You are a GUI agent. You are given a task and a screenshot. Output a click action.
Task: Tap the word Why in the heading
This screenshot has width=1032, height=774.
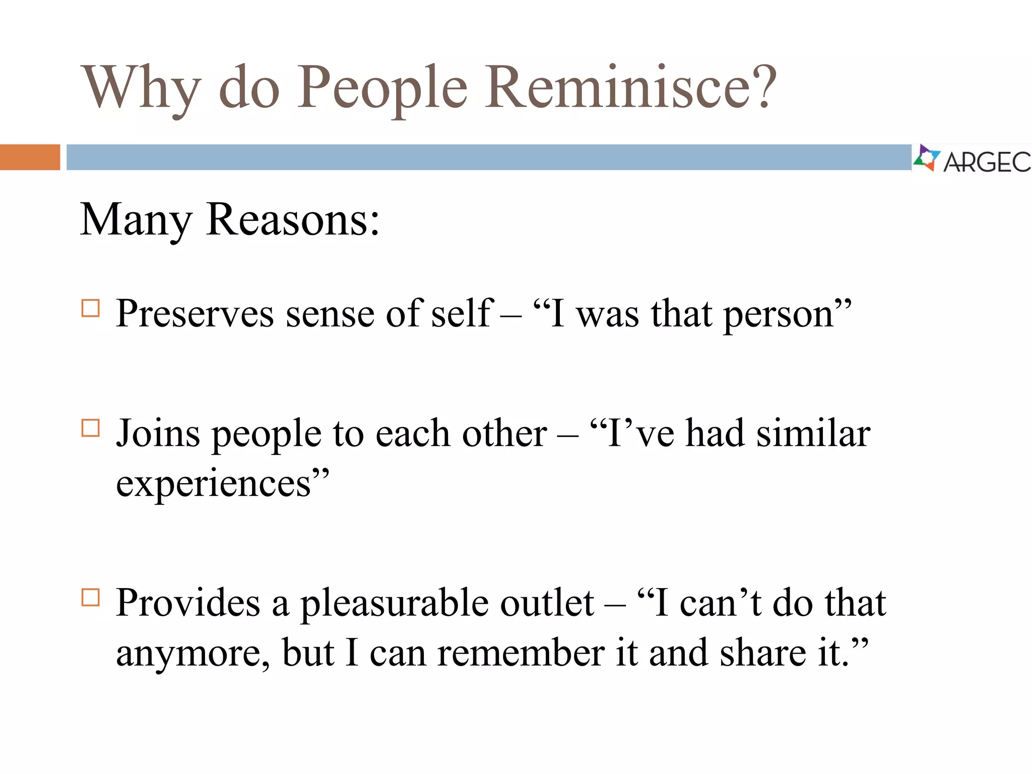coord(141,88)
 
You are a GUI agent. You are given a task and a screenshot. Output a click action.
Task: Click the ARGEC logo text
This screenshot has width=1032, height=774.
coord(987,162)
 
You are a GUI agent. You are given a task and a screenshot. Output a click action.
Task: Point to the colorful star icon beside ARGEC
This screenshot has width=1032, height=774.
coord(926,158)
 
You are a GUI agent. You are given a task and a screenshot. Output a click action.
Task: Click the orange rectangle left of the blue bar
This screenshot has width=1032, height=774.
coord(30,157)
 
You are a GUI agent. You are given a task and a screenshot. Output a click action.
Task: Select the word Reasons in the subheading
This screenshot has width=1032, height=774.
coord(292,220)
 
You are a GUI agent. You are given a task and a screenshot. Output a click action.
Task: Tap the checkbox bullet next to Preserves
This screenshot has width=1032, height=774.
coord(91,308)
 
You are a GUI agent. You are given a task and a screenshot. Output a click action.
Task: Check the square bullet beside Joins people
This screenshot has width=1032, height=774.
coord(91,428)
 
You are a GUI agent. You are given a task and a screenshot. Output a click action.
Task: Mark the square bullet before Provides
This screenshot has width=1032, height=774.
coord(91,598)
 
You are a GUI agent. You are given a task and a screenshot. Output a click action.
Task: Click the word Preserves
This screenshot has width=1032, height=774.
coord(195,314)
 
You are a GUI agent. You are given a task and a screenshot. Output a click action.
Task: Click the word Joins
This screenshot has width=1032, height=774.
coord(158,433)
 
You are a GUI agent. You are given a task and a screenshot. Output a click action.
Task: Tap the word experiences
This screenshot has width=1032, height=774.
coord(214,484)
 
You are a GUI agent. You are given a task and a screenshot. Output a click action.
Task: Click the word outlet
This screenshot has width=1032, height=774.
coord(547,603)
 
